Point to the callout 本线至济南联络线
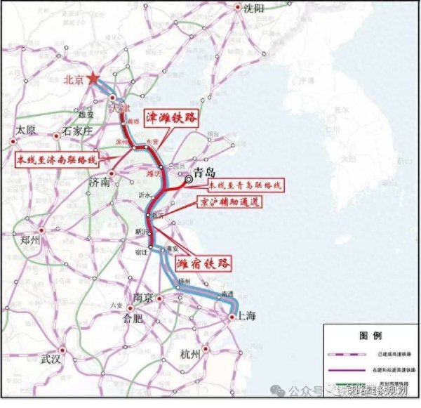(x=60, y=159)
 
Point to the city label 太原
(x=25, y=130)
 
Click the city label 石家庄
(x=77, y=130)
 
